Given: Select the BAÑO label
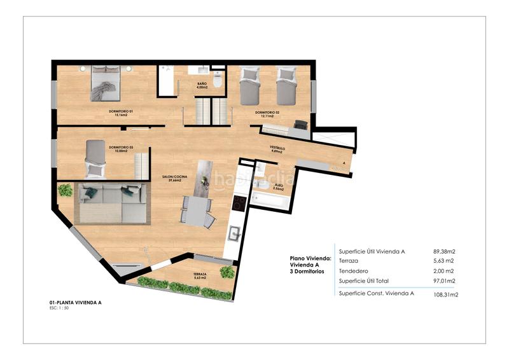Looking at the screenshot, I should (202, 85).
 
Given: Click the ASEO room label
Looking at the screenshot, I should (278, 188).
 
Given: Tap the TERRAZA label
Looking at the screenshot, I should (200, 274).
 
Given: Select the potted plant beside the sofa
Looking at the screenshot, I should (65, 190).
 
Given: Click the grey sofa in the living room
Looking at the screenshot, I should (111, 204).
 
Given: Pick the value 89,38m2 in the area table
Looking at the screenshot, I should (445, 251).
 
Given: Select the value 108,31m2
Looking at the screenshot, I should (445, 294).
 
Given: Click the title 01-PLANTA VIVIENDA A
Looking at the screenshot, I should (75, 303).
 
